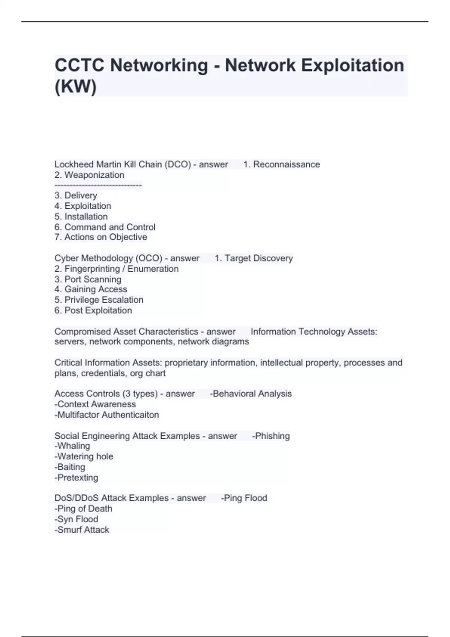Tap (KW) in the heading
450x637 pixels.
(76, 87)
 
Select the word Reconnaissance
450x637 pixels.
(286, 164)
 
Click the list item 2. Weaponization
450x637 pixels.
(89, 175)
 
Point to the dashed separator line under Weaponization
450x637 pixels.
(98, 185)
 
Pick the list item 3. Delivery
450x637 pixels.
(76, 196)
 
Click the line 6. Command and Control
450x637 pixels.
(105, 227)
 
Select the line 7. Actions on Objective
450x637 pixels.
(101, 237)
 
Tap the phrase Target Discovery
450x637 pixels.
(258, 258)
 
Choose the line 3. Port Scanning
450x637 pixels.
(88, 279)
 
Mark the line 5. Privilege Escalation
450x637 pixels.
(99, 300)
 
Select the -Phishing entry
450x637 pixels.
(271, 436)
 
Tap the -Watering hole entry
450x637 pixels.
(84, 456)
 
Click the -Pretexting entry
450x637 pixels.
(76, 477)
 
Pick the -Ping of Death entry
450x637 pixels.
(83, 508)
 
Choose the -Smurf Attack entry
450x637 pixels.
(82, 529)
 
